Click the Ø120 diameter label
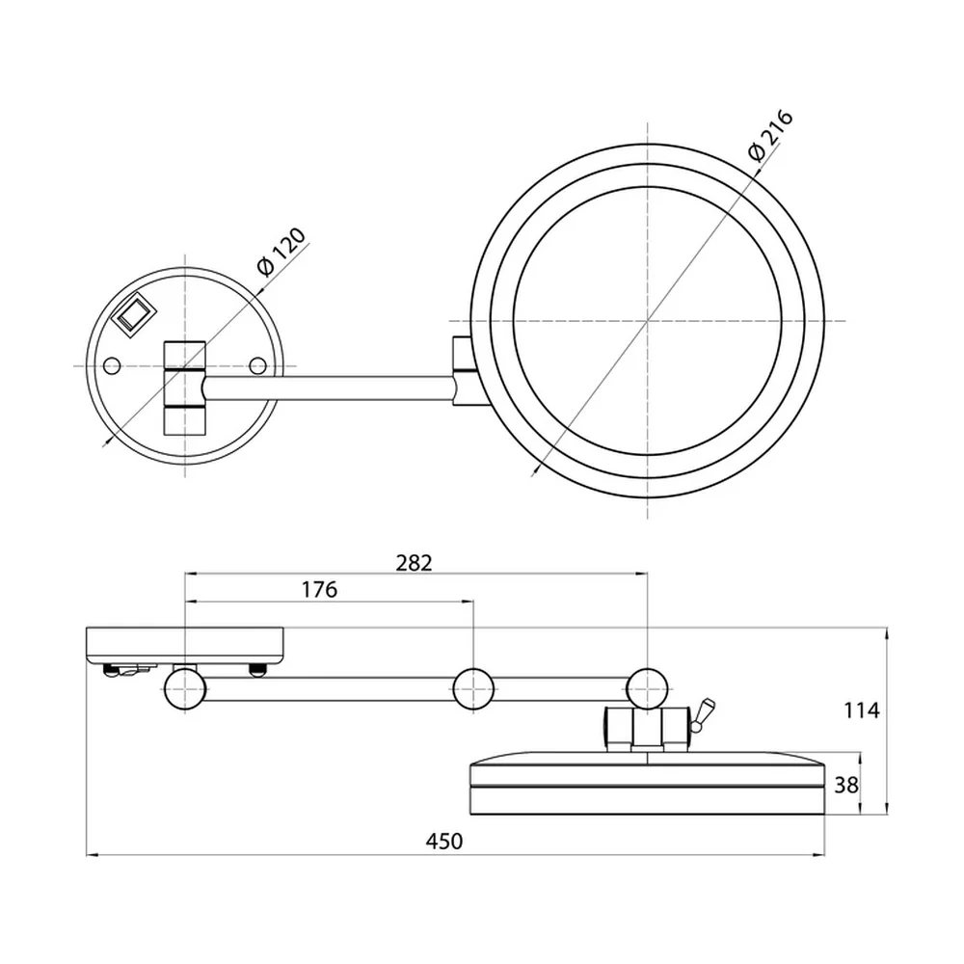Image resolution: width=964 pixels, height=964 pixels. click(x=281, y=253)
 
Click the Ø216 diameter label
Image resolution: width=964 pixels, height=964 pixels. click(x=771, y=135)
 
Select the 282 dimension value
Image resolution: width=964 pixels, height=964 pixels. click(x=414, y=563)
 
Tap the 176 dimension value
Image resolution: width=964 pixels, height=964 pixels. click(x=320, y=590)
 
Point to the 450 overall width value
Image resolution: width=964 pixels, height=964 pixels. click(x=443, y=841)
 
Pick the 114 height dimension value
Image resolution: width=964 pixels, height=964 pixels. click(x=861, y=710)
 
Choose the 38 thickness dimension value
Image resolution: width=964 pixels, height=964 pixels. click(x=846, y=785)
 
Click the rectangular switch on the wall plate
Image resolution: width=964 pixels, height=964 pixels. click(x=132, y=316)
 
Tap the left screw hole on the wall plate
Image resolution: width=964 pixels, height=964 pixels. click(x=111, y=366)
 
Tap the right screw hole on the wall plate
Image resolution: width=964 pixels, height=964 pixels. click(x=258, y=366)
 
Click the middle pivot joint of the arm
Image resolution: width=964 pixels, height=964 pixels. click(x=473, y=689)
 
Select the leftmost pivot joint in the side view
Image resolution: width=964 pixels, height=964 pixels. click(x=185, y=689)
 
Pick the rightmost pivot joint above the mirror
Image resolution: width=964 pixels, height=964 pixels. click(x=648, y=689)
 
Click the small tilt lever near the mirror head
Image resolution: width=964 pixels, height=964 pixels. click(x=702, y=714)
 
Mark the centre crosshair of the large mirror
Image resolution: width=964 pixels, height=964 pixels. click(x=648, y=320)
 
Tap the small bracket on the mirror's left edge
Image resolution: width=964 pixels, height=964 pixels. click(x=463, y=370)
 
